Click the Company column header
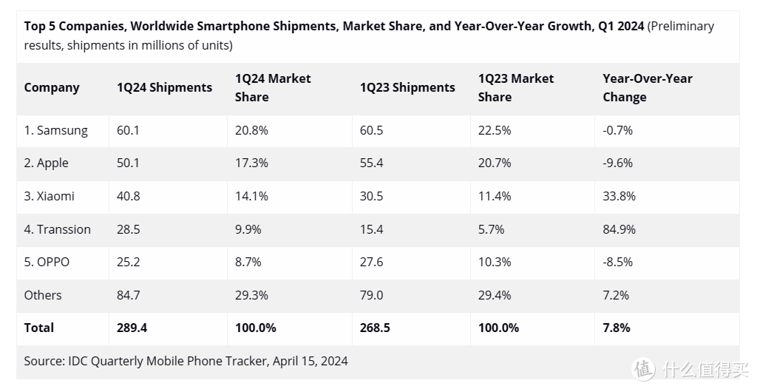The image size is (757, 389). [52, 87]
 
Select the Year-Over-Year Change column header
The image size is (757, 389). [647, 87]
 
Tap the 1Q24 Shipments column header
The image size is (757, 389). [164, 87]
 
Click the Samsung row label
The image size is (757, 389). [55, 130]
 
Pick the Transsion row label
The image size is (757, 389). [57, 229]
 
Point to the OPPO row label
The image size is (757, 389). [47, 262]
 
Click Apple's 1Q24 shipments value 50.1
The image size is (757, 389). [128, 163]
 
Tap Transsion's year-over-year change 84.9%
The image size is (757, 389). [619, 229]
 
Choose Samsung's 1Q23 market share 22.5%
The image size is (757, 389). [495, 130]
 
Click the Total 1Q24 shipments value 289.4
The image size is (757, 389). [132, 328]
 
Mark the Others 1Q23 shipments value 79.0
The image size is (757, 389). [371, 295]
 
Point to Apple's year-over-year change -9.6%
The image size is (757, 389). [617, 163]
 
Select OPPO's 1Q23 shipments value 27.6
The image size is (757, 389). [371, 262]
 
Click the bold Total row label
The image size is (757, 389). [39, 328]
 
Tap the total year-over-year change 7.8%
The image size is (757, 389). [617, 328]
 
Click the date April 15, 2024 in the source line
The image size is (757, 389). [310, 361]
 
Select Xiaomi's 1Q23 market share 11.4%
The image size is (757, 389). [495, 196]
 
